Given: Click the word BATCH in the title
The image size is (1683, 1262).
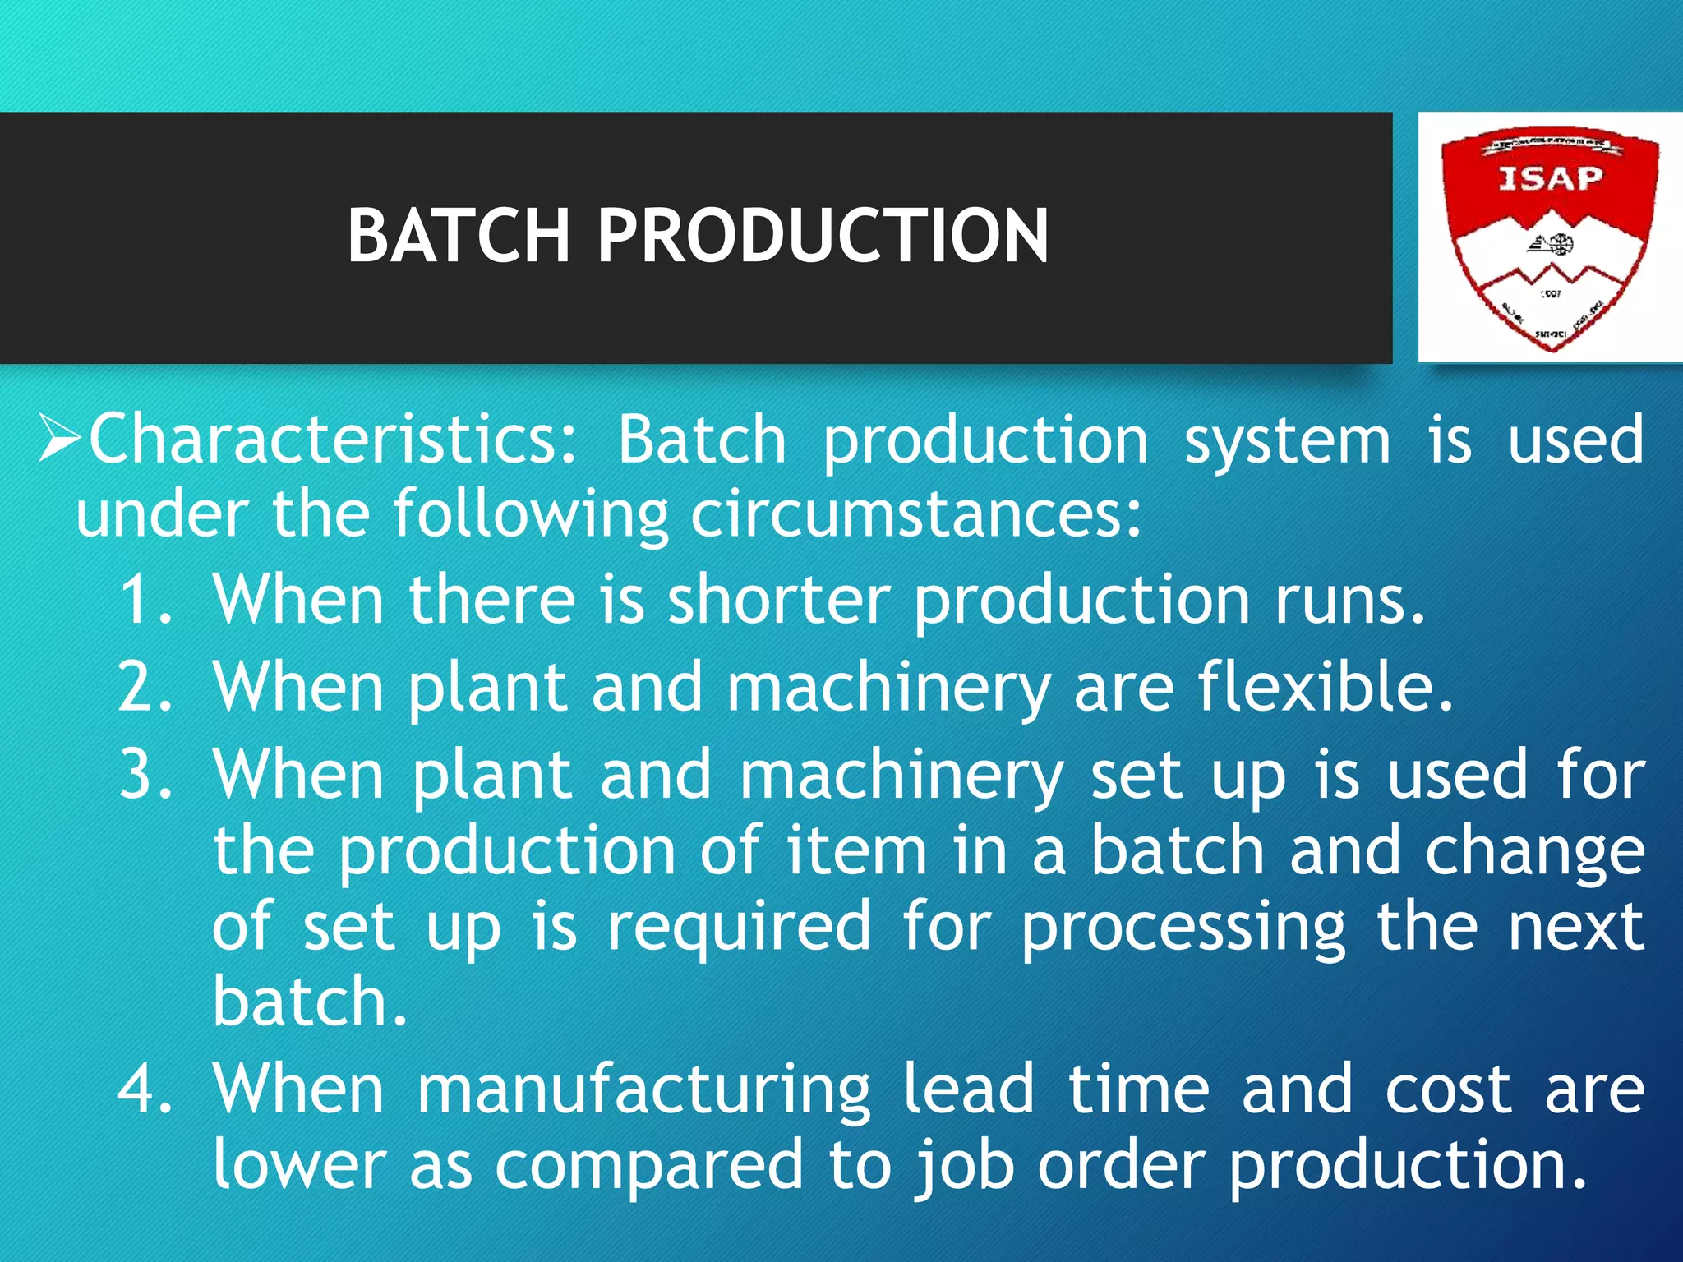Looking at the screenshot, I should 458,236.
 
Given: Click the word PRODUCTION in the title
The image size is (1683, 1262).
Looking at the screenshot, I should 822,236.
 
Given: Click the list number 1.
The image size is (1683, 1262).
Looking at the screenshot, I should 145,600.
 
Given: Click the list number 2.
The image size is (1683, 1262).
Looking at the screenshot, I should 145,687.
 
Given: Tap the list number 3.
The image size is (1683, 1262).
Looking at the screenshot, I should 145,774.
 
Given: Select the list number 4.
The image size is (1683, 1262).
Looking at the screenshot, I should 145,1089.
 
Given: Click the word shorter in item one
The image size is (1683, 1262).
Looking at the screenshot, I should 778,600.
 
